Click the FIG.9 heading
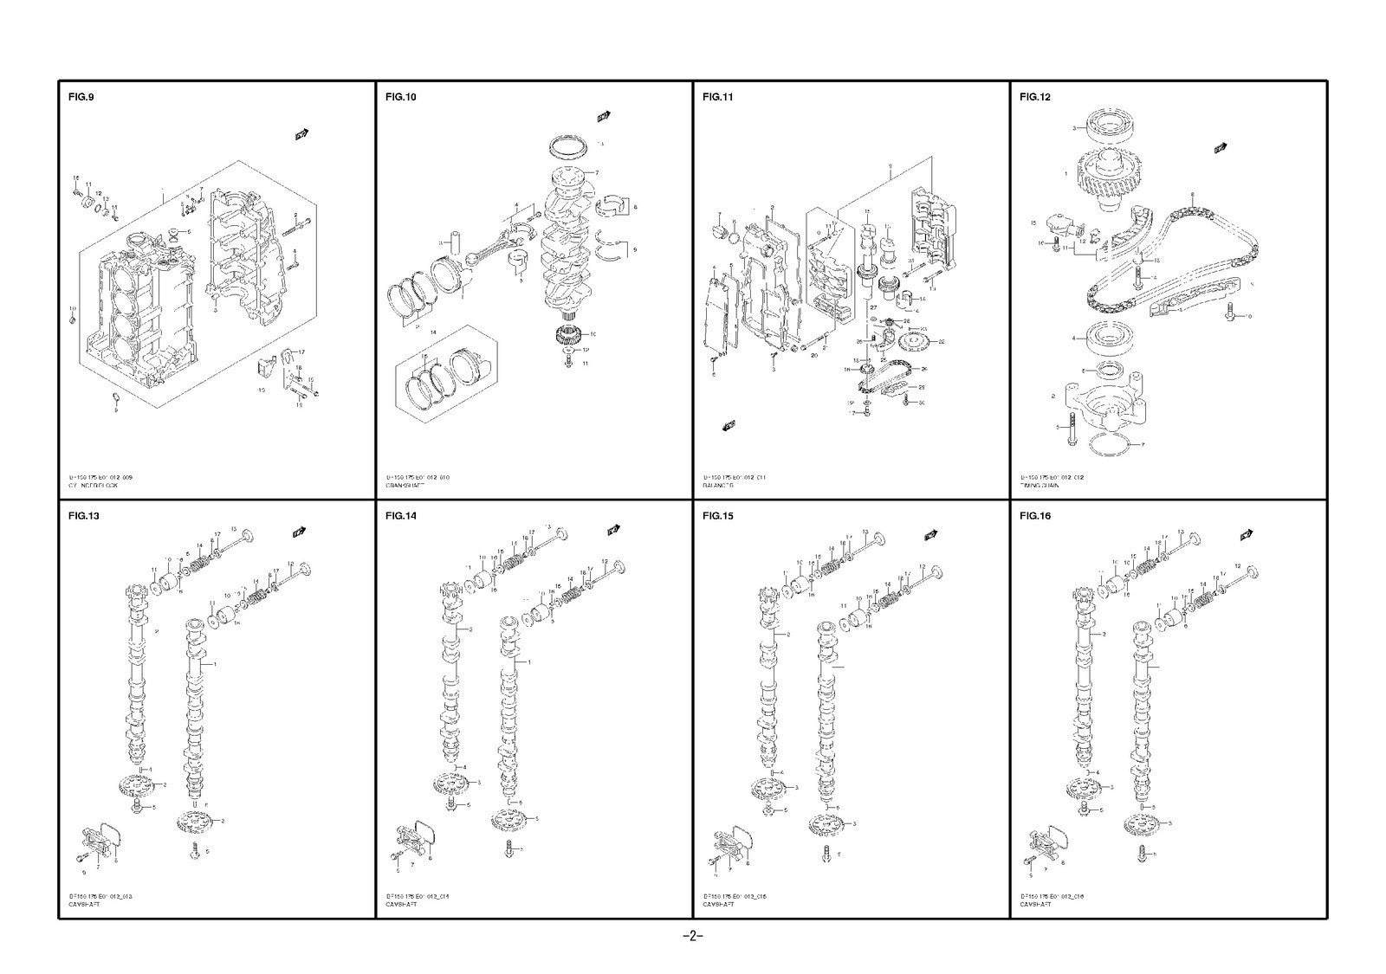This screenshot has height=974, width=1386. pyautogui.click(x=81, y=97)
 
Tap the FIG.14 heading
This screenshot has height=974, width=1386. pyautogui.click(x=400, y=516)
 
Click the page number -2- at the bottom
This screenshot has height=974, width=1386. pyautogui.click(x=692, y=936)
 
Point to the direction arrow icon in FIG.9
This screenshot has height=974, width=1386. pyautogui.click(x=302, y=133)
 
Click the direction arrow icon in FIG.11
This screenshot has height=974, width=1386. pyautogui.click(x=729, y=425)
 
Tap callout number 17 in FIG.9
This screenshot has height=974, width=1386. pyautogui.click(x=301, y=352)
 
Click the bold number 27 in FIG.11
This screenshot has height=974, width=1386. pyautogui.click(x=873, y=306)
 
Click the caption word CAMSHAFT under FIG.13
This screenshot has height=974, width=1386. pyautogui.click(x=84, y=905)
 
